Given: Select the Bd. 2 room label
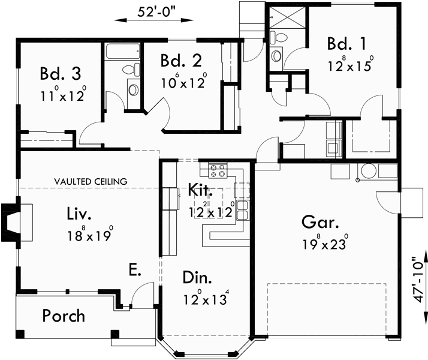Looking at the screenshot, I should click(x=181, y=61).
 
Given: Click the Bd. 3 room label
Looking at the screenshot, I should click(x=61, y=74).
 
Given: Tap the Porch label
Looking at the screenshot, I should click(x=64, y=316).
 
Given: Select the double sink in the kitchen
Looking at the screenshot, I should click(x=242, y=210).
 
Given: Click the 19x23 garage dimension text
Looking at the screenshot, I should click(x=321, y=244).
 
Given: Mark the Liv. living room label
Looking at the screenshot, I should click(x=79, y=214).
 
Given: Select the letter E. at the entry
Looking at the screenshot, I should click(x=134, y=270).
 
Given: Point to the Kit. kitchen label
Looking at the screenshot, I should click(x=200, y=191).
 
